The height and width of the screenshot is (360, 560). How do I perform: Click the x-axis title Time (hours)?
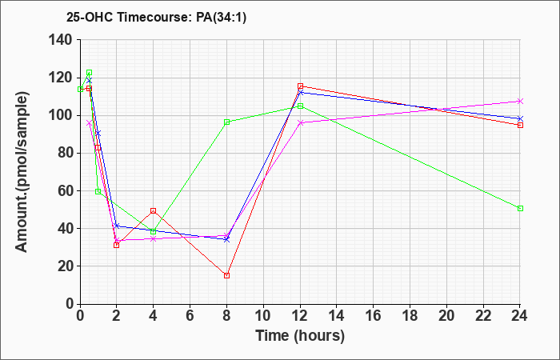(300, 336)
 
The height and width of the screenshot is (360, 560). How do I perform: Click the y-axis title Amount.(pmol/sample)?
(23, 172)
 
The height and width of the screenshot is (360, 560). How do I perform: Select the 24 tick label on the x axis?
(520, 315)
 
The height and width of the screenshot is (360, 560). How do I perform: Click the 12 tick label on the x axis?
(300, 315)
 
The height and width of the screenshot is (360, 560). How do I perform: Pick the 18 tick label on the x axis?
(410, 315)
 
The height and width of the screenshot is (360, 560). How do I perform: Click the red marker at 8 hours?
(227, 275)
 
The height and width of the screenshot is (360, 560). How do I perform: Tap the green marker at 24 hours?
(520, 208)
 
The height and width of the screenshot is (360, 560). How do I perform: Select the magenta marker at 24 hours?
(520, 102)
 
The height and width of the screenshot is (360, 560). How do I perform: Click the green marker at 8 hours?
(227, 122)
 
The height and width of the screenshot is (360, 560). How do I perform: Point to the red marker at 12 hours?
(300, 86)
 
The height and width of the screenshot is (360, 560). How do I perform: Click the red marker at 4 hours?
(153, 210)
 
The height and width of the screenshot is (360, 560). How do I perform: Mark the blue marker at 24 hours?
(520, 118)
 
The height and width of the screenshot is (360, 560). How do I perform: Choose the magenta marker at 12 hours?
(300, 122)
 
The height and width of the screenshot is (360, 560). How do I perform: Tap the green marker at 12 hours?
(300, 106)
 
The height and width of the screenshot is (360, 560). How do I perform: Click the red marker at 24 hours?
(520, 125)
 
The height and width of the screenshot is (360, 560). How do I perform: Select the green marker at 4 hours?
(153, 232)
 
